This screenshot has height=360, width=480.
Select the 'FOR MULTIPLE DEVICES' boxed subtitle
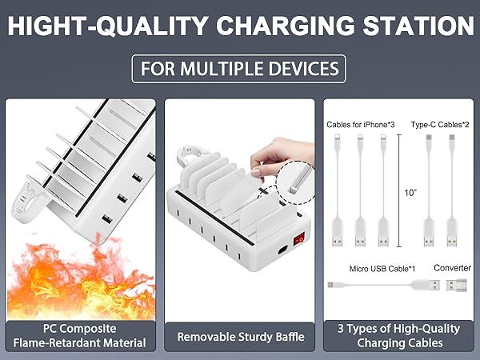tap(239, 69)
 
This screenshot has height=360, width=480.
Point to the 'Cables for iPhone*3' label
tap(361, 125)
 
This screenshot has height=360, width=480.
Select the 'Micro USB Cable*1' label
tap(380, 268)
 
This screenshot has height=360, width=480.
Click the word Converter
tap(451, 267)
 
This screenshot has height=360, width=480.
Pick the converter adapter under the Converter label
tap(452, 286)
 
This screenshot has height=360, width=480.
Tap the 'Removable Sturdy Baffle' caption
tap(240, 337)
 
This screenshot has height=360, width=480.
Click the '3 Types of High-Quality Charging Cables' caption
tap(398, 336)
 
